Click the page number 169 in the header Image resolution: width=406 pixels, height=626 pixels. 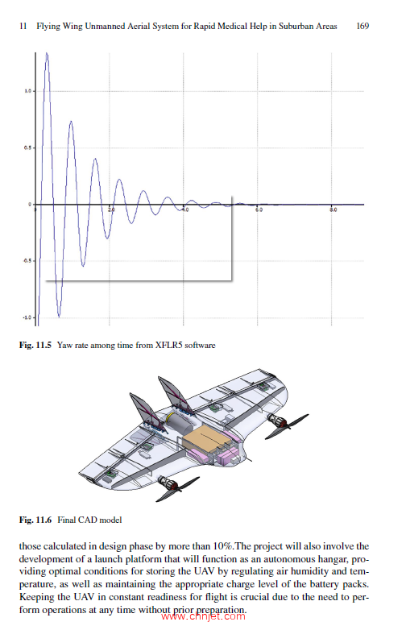(362, 27)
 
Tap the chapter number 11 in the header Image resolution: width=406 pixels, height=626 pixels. (22, 27)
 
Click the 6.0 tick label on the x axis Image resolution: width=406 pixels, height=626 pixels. (259, 209)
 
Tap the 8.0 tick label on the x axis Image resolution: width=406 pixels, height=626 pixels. (333, 209)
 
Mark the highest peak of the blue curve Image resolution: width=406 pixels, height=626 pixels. (48, 54)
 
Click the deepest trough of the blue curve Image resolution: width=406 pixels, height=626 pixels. (58, 315)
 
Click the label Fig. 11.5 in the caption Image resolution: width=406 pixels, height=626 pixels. (35, 345)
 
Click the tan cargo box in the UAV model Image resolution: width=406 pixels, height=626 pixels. (207, 439)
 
